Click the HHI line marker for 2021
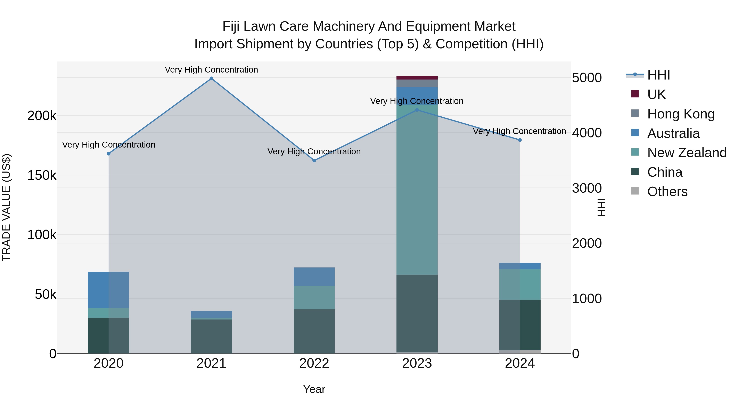point(211,78)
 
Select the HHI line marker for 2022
point(314,160)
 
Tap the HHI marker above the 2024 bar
point(520,140)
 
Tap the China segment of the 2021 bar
point(211,336)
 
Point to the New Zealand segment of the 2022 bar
point(314,297)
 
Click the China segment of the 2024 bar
point(520,325)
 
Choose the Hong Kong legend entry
point(681,114)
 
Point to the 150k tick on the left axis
point(42,175)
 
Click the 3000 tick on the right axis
point(587,188)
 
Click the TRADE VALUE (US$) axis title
point(6,207)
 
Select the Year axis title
point(314,389)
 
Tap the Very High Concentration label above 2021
point(211,70)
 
